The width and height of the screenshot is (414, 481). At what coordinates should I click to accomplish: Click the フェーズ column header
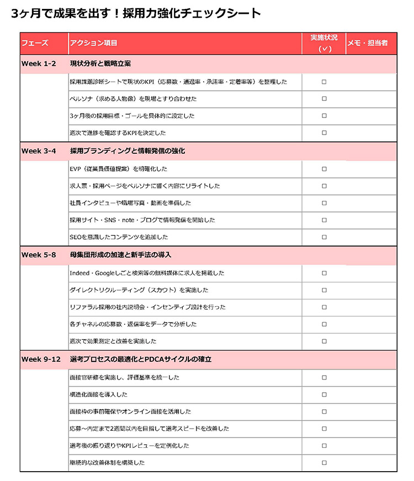tap(35, 43)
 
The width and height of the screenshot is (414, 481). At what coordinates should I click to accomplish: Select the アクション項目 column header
tap(94, 43)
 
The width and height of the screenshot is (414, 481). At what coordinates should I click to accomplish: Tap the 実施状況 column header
tap(324, 38)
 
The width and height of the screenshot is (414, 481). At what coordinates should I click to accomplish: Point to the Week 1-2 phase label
tap(39, 63)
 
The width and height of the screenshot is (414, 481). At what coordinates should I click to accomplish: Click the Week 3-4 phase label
tap(39, 151)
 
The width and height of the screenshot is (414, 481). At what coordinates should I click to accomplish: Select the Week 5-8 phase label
tap(39, 255)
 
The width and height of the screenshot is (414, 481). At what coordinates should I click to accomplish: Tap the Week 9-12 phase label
tap(41, 359)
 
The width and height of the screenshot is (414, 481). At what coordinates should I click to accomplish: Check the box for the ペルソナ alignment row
tap(324, 99)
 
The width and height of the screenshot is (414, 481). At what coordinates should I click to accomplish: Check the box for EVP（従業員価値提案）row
tap(324, 169)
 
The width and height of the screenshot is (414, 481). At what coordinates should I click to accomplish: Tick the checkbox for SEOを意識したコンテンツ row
tap(324, 237)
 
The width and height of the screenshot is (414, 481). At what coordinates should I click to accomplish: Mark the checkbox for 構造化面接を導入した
tap(324, 394)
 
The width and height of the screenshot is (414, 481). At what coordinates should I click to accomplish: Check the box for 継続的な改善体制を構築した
tap(324, 462)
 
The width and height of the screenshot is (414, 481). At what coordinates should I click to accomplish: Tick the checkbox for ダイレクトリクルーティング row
tap(324, 290)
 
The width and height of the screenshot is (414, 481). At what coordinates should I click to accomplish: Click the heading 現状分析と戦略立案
tap(100, 63)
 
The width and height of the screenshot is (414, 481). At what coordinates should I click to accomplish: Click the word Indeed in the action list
tap(79, 273)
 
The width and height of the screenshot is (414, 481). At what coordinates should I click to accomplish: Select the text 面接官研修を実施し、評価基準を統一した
tap(125, 377)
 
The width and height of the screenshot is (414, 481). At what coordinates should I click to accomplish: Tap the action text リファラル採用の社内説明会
tap(110, 307)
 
